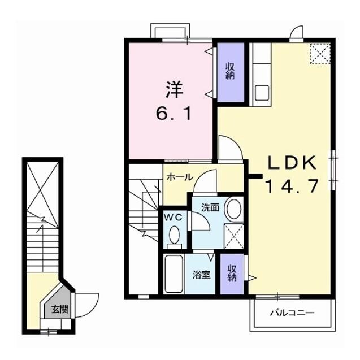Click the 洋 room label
[174, 89]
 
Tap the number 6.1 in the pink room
[174, 113]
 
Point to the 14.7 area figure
[292, 185]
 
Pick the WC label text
[172, 217]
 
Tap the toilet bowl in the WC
[175, 235]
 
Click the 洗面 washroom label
[210, 207]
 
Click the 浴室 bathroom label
[202, 275]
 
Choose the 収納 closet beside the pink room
[231, 71]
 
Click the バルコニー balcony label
[292, 312]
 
